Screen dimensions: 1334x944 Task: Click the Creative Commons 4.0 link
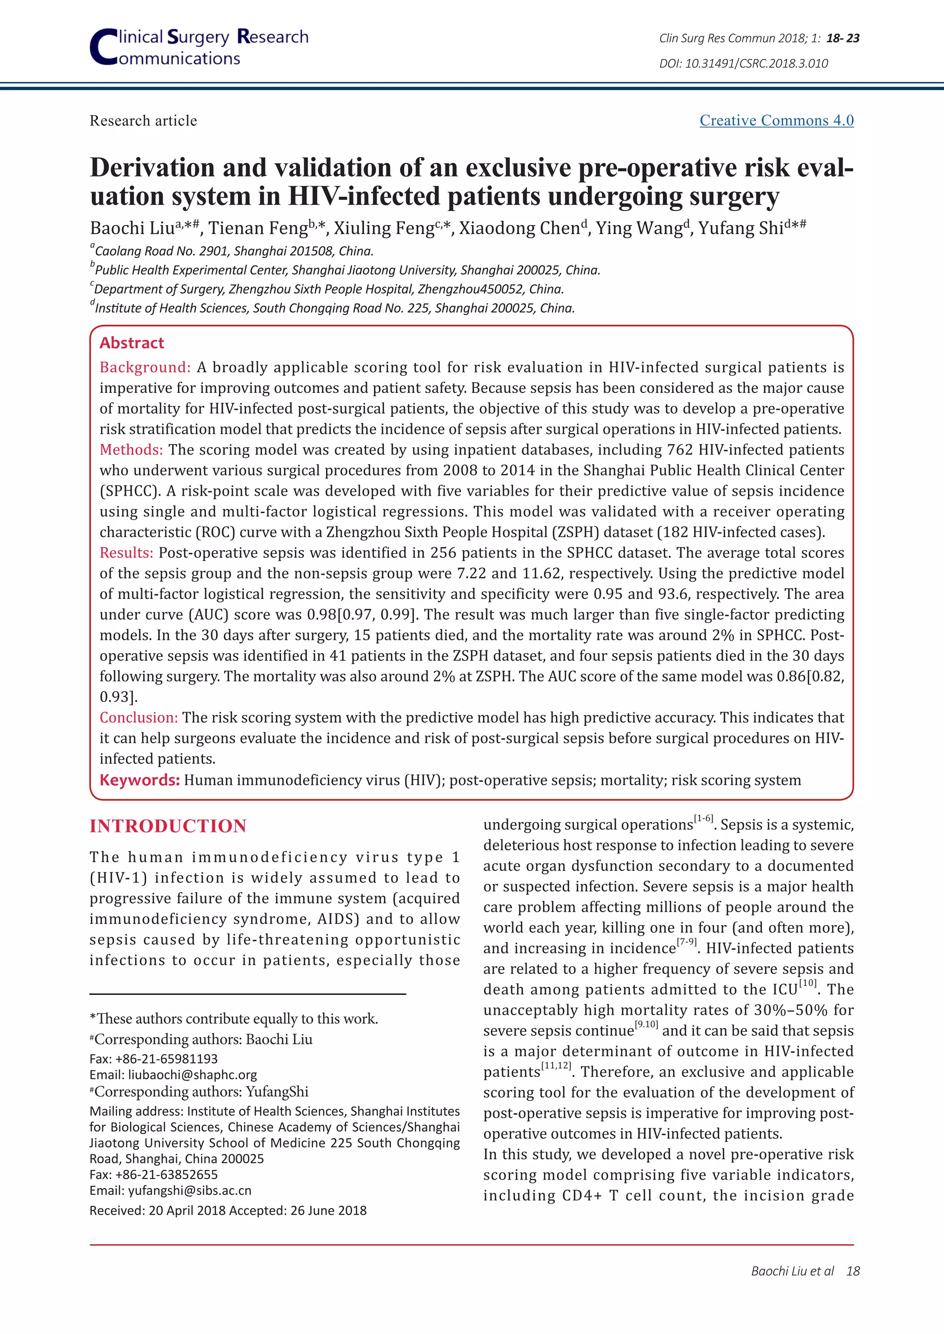pyautogui.click(x=776, y=120)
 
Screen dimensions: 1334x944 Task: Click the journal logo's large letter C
pyautogui.click(x=103, y=47)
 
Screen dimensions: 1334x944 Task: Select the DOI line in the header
pyautogui.click(x=743, y=63)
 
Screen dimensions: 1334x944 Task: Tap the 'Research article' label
pyautogui.click(x=143, y=120)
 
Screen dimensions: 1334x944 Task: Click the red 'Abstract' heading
pyautogui.click(x=132, y=343)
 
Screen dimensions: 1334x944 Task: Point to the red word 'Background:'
pyautogui.click(x=145, y=367)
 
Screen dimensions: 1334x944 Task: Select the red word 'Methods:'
pyautogui.click(x=131, y=450)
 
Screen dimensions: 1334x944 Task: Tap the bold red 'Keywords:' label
pyautogui.click(x=140, y=780)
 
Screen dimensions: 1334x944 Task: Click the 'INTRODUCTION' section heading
pyautogui.click(x=168, y=825)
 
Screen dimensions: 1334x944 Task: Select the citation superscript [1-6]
pyautogui.click(x=703, y=819)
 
